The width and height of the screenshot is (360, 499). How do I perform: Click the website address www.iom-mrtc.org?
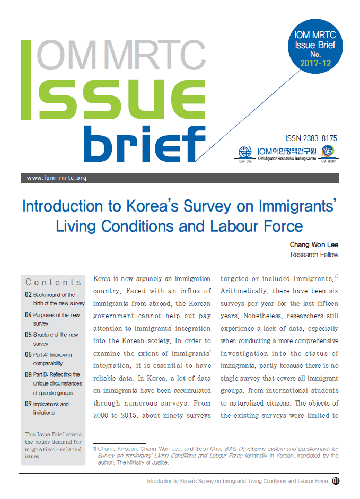[57, 178]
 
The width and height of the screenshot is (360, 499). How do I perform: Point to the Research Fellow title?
[314, 255]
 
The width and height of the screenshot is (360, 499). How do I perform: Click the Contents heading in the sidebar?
[54, 282]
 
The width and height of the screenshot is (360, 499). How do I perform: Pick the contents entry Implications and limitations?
[51, 408]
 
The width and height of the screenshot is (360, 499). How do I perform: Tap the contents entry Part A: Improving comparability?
[52, 359]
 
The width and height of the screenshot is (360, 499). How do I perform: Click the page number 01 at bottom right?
[336, 481]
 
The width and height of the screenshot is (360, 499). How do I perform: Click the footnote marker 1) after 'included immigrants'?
[336, 277]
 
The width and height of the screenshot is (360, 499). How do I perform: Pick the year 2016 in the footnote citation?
[214, 449]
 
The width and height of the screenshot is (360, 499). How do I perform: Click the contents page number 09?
[28, 404]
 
